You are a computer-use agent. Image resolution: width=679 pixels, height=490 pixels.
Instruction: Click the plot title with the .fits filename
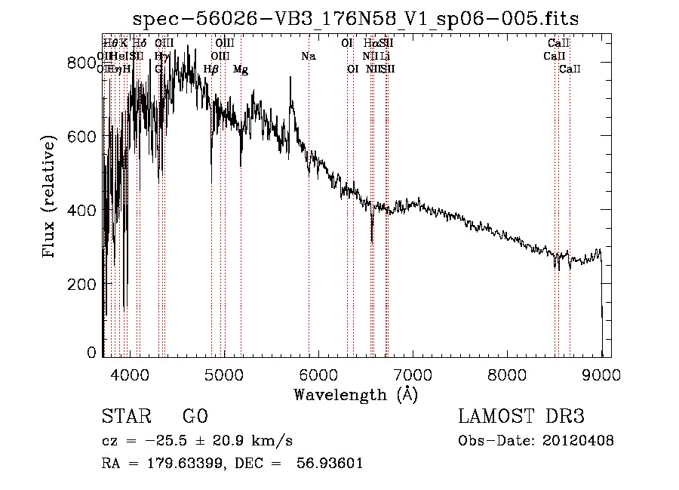coord(355,19)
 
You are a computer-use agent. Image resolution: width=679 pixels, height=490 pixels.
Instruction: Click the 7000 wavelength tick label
coord(412,373)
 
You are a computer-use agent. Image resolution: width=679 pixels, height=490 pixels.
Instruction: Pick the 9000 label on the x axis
coord(601,373)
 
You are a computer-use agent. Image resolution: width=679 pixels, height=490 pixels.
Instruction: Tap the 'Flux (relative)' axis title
coord(51,197)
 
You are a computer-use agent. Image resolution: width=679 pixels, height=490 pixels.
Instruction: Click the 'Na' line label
coord(308,56)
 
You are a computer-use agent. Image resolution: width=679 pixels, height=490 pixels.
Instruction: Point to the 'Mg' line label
coord(241,69)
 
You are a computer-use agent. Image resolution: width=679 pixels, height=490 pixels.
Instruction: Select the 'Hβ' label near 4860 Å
coord(211,69)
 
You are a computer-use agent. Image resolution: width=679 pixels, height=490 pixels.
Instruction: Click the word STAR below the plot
coord(124,417)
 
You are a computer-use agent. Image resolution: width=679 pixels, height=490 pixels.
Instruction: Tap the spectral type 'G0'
coord(195,417)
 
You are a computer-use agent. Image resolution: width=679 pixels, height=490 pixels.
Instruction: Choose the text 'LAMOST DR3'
coord(521,417)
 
